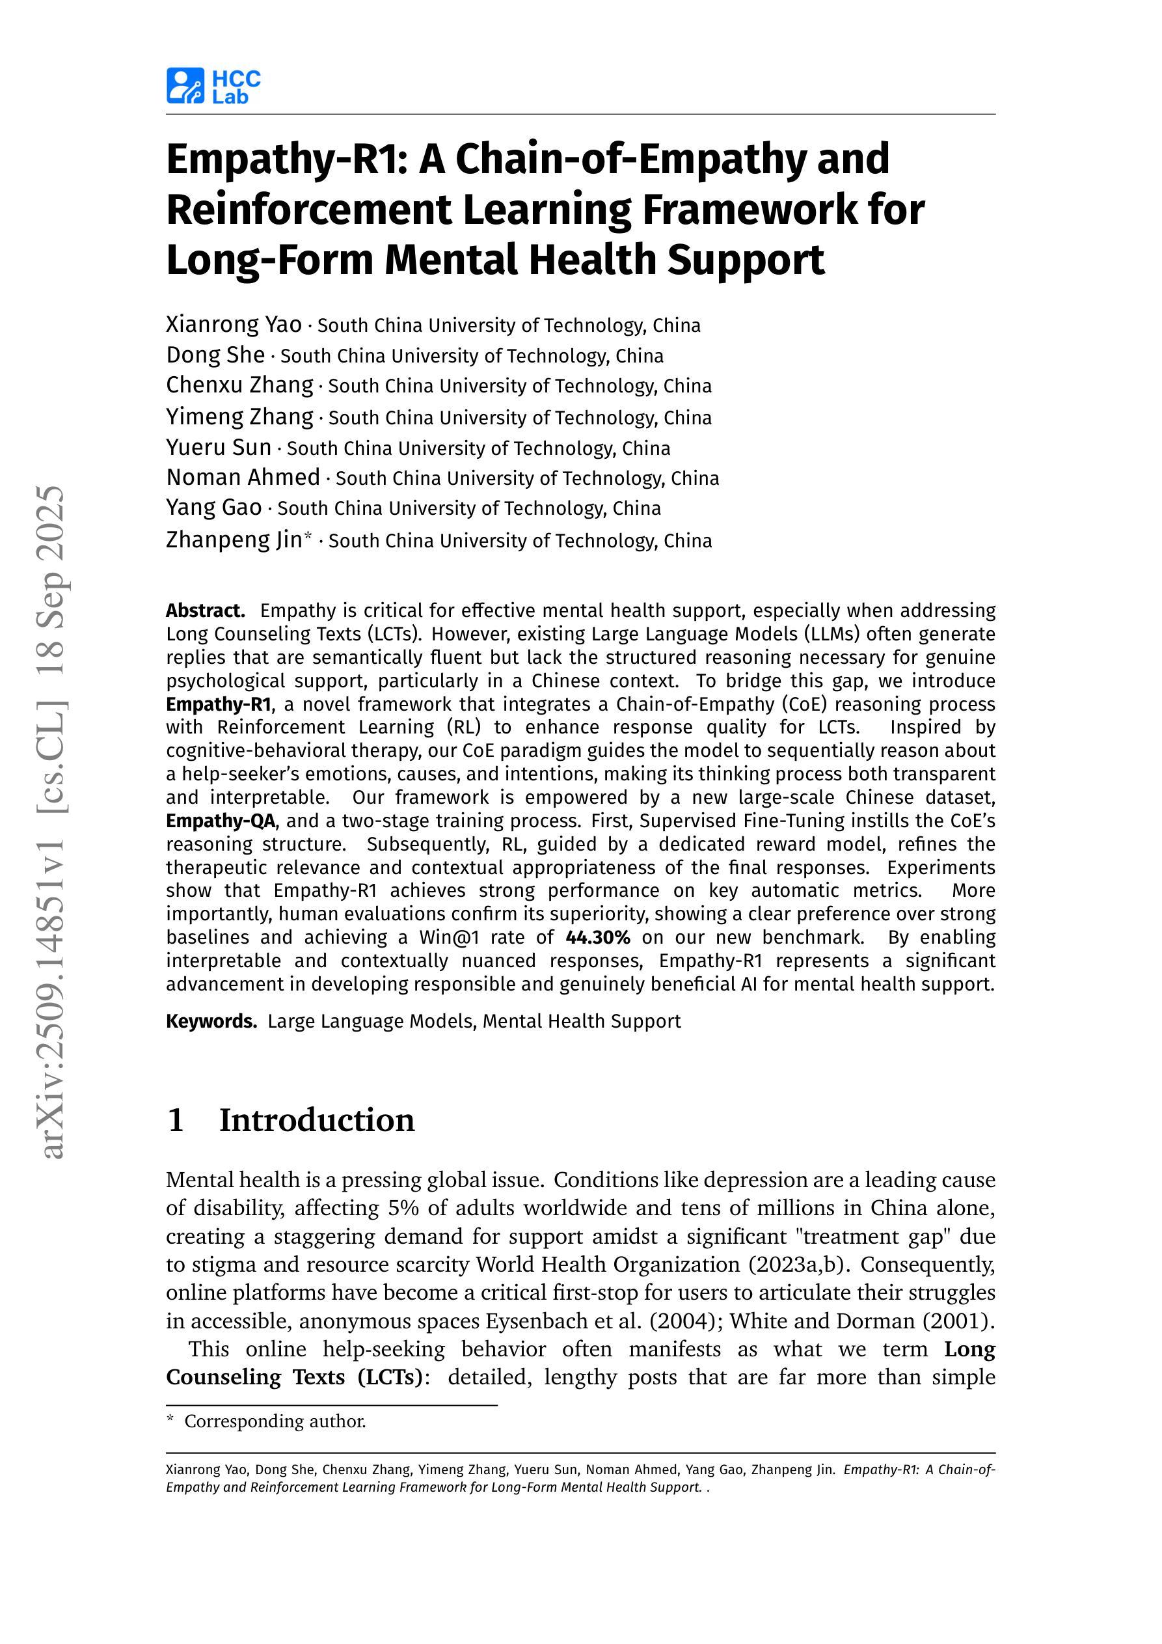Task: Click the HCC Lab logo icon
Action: [185, 86]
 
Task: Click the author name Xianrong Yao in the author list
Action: [234, 324]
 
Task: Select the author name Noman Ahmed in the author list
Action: [243, 477]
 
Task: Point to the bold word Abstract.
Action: [205, 610]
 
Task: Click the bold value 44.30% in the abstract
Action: [597, 937]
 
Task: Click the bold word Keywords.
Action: [211, 1021]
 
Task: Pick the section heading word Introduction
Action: [316, 1121]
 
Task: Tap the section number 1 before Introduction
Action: [176, 1121]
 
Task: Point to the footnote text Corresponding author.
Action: [275, 1421]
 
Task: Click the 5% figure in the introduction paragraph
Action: [404, 1208]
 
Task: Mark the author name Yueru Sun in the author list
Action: [219, 448]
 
